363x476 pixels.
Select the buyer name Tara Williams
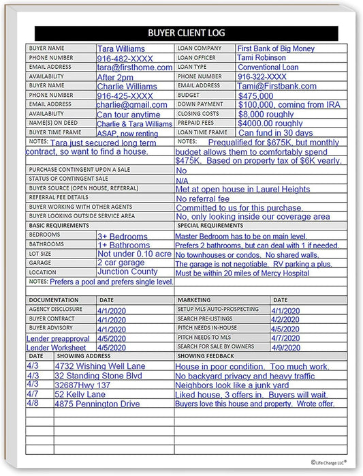point(121,49)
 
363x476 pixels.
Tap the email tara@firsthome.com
point(134,68)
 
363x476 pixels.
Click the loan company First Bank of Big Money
point(276,49)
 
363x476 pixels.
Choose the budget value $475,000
point(255,96)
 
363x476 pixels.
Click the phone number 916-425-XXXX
point(125,96)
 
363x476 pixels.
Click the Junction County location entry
point(127,271)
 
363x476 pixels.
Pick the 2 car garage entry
point(121,263)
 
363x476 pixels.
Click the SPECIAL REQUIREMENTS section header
point(210,225)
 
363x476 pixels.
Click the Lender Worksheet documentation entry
point(57,347)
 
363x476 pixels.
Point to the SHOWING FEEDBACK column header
point(206,356)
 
